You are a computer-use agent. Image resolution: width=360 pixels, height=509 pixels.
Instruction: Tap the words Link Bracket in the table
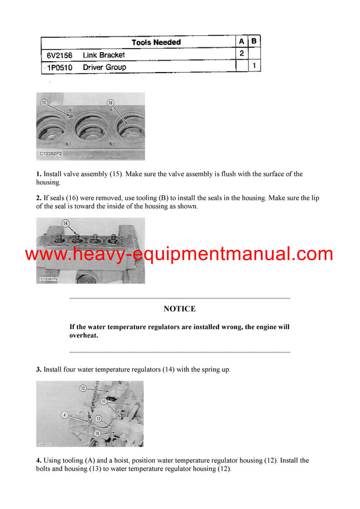104,55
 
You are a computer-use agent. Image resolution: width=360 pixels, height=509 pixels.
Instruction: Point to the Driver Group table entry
104,67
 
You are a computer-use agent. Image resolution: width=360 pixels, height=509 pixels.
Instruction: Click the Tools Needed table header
156,43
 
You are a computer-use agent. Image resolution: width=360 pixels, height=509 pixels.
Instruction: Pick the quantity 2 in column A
241,54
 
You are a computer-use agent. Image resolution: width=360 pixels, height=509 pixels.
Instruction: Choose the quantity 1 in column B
254,65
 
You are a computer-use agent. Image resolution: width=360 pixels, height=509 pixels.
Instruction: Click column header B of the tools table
254,41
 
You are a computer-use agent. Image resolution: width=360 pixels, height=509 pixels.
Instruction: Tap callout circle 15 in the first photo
44,103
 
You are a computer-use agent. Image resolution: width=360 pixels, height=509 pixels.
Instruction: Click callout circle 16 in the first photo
110,103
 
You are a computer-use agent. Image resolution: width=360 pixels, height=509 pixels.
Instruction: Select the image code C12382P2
53,155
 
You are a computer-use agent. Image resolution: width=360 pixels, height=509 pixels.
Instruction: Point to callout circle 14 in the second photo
65,224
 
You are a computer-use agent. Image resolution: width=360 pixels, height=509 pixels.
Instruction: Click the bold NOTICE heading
179,309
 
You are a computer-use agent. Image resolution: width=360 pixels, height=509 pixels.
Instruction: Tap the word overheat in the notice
83,336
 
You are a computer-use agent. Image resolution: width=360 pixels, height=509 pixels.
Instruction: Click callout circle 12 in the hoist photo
83,388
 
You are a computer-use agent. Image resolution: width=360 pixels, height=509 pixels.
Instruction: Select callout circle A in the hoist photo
64,414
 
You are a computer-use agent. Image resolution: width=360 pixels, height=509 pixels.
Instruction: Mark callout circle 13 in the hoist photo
98,417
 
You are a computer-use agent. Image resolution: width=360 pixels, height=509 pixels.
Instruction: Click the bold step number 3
38,370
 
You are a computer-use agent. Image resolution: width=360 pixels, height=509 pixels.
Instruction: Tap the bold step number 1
38,174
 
